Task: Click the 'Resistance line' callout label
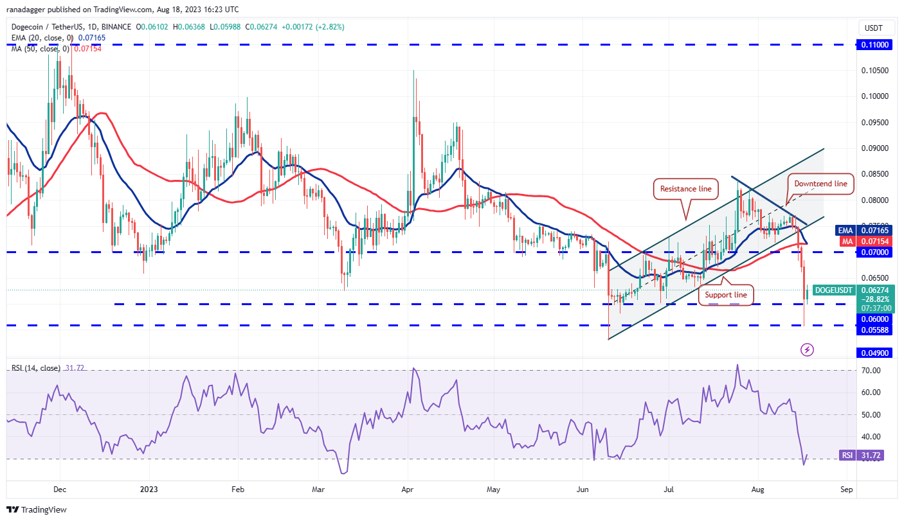click(686, 190)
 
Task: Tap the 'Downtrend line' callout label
click(820, 184)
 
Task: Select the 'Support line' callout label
click(726, 295)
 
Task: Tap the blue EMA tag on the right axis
click(845, 230)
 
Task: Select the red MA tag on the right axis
click(845, 241)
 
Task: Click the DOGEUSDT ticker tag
click(834, 290)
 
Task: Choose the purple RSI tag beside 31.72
click(847, 455)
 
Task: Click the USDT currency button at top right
click(874, 28)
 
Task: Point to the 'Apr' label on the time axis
click(408, 489)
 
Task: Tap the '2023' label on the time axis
click(149, 489)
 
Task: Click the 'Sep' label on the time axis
click(847, 489)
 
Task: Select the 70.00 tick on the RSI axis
click(871, 371)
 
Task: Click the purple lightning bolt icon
click(808, 350)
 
